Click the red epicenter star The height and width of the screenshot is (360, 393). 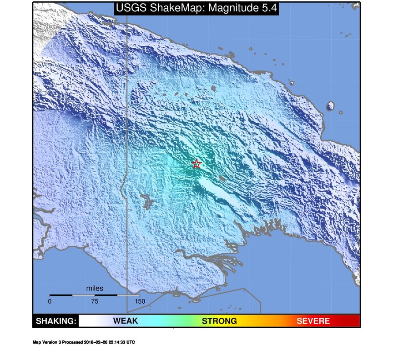pyautogui.click(x=196, y=164)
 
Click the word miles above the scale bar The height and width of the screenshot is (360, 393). pyautogui.click(x=95, y=288)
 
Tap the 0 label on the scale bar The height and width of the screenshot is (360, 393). pyautogui.click(x=50, y=301)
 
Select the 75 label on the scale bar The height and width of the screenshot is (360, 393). pyautogui.click(x=95, y=301)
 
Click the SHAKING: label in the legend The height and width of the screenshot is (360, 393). pyautogui.click(x=56, y=321)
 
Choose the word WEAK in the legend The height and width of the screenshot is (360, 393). pyautogui.click(x=125, y=321)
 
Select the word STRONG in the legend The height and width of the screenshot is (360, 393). pyautogui.click(x=219, y=321)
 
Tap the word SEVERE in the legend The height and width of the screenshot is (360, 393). pyautogui.click(x=313, y=321)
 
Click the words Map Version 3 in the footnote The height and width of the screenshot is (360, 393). pyautogui.click(x=47, y=342)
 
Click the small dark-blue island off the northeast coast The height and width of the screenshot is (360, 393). pyautogui.click(x=330, y=106)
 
